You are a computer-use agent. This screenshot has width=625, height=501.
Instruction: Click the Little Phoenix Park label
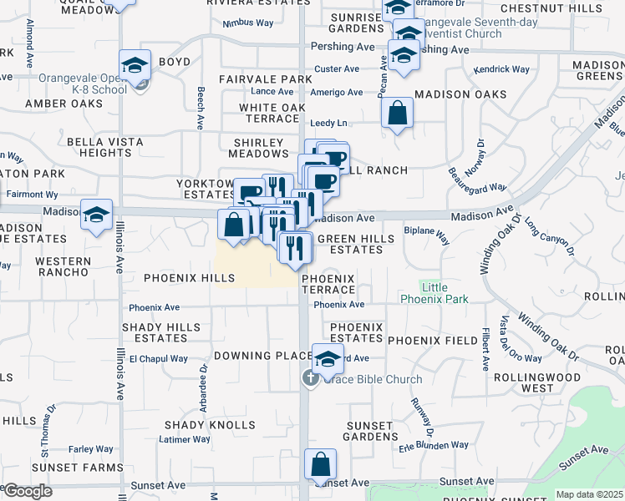(x=434, y=293)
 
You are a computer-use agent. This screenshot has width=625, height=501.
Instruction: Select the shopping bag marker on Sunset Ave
(x=320, y=465)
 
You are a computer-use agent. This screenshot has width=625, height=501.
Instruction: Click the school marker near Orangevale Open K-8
(x=135, y=66)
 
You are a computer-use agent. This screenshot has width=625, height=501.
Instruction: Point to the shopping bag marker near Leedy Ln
(x=397, y=113)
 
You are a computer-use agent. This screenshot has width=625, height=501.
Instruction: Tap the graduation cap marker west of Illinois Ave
(x=97, y=214)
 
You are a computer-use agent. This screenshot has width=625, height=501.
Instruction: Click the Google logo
(x=27, y=492)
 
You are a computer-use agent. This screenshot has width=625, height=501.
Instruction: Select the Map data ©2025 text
(x=590, y=494)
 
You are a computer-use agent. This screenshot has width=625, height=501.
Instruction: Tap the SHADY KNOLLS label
(x=198, y=425)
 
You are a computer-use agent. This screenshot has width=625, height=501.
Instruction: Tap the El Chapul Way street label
(x=159, y=358)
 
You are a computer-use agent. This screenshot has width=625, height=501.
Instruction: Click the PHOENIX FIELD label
(x=422, y=341)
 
